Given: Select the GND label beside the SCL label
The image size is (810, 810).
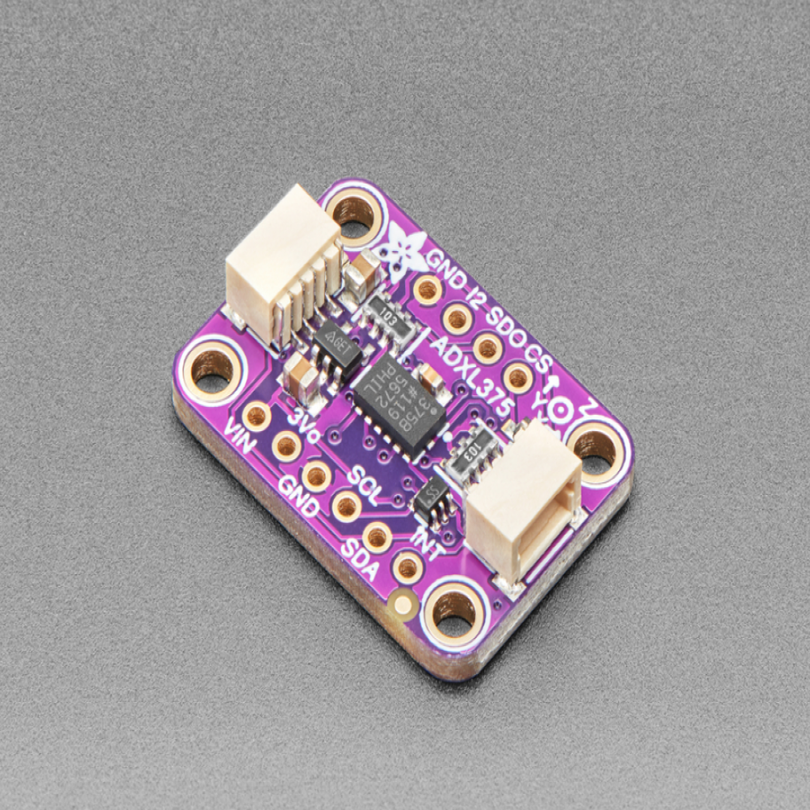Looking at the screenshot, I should pos(299,495).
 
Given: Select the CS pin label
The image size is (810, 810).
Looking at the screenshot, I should pos(540,354).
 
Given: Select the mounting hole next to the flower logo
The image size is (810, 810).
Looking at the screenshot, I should pos(353,211).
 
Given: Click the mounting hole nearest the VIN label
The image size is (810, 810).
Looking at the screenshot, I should pos(212,365).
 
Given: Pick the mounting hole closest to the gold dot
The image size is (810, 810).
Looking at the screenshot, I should pos(454,611).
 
